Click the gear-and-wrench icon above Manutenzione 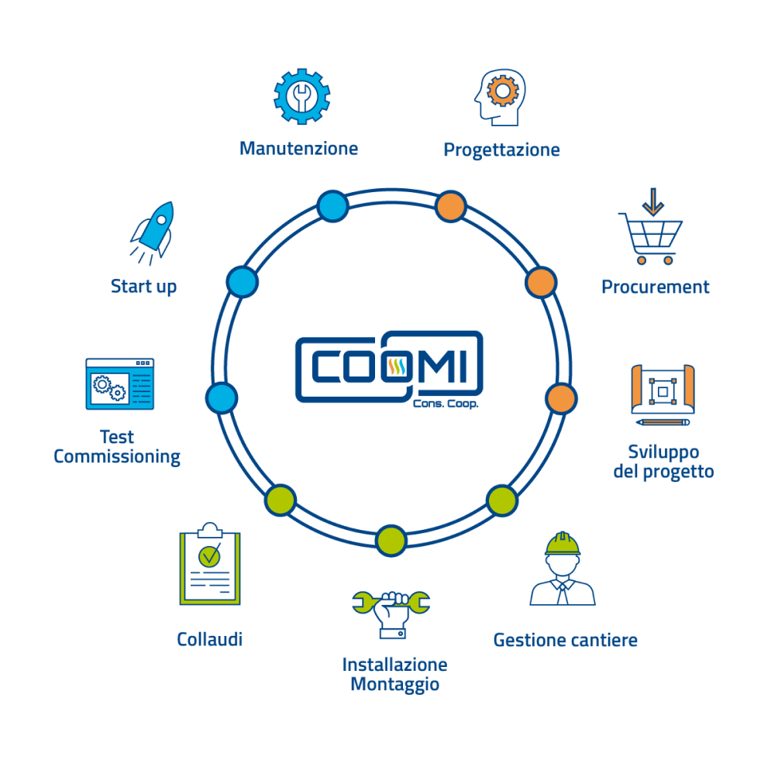pyautogui.click(x=302, y=95)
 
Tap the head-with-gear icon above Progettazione pyautogui.click(x=498, y=97)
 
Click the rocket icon pyautogui.click(x=153, y=231)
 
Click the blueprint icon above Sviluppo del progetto pyautogui.click(x=663, y=394)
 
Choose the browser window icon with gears pyautogui.click(x=119, y=383)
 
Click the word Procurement pyautogui.click(x=656, y=287)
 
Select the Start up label pyautogui.click(x=143, y=287)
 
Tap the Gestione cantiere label pyautogui.click(x=566, y=640)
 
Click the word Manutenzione pyautogui.click(x=298, y=148)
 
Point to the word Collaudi pyautogui.click(x=209, y=639)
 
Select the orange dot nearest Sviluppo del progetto pyautogui.click(x=561, y=397)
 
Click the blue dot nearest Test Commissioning pyautogui.click(x=221, y=397)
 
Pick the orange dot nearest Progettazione pyautogui.click(x=450, y=206)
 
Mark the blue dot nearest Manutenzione pyautogui.click(x=332, y=206)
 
